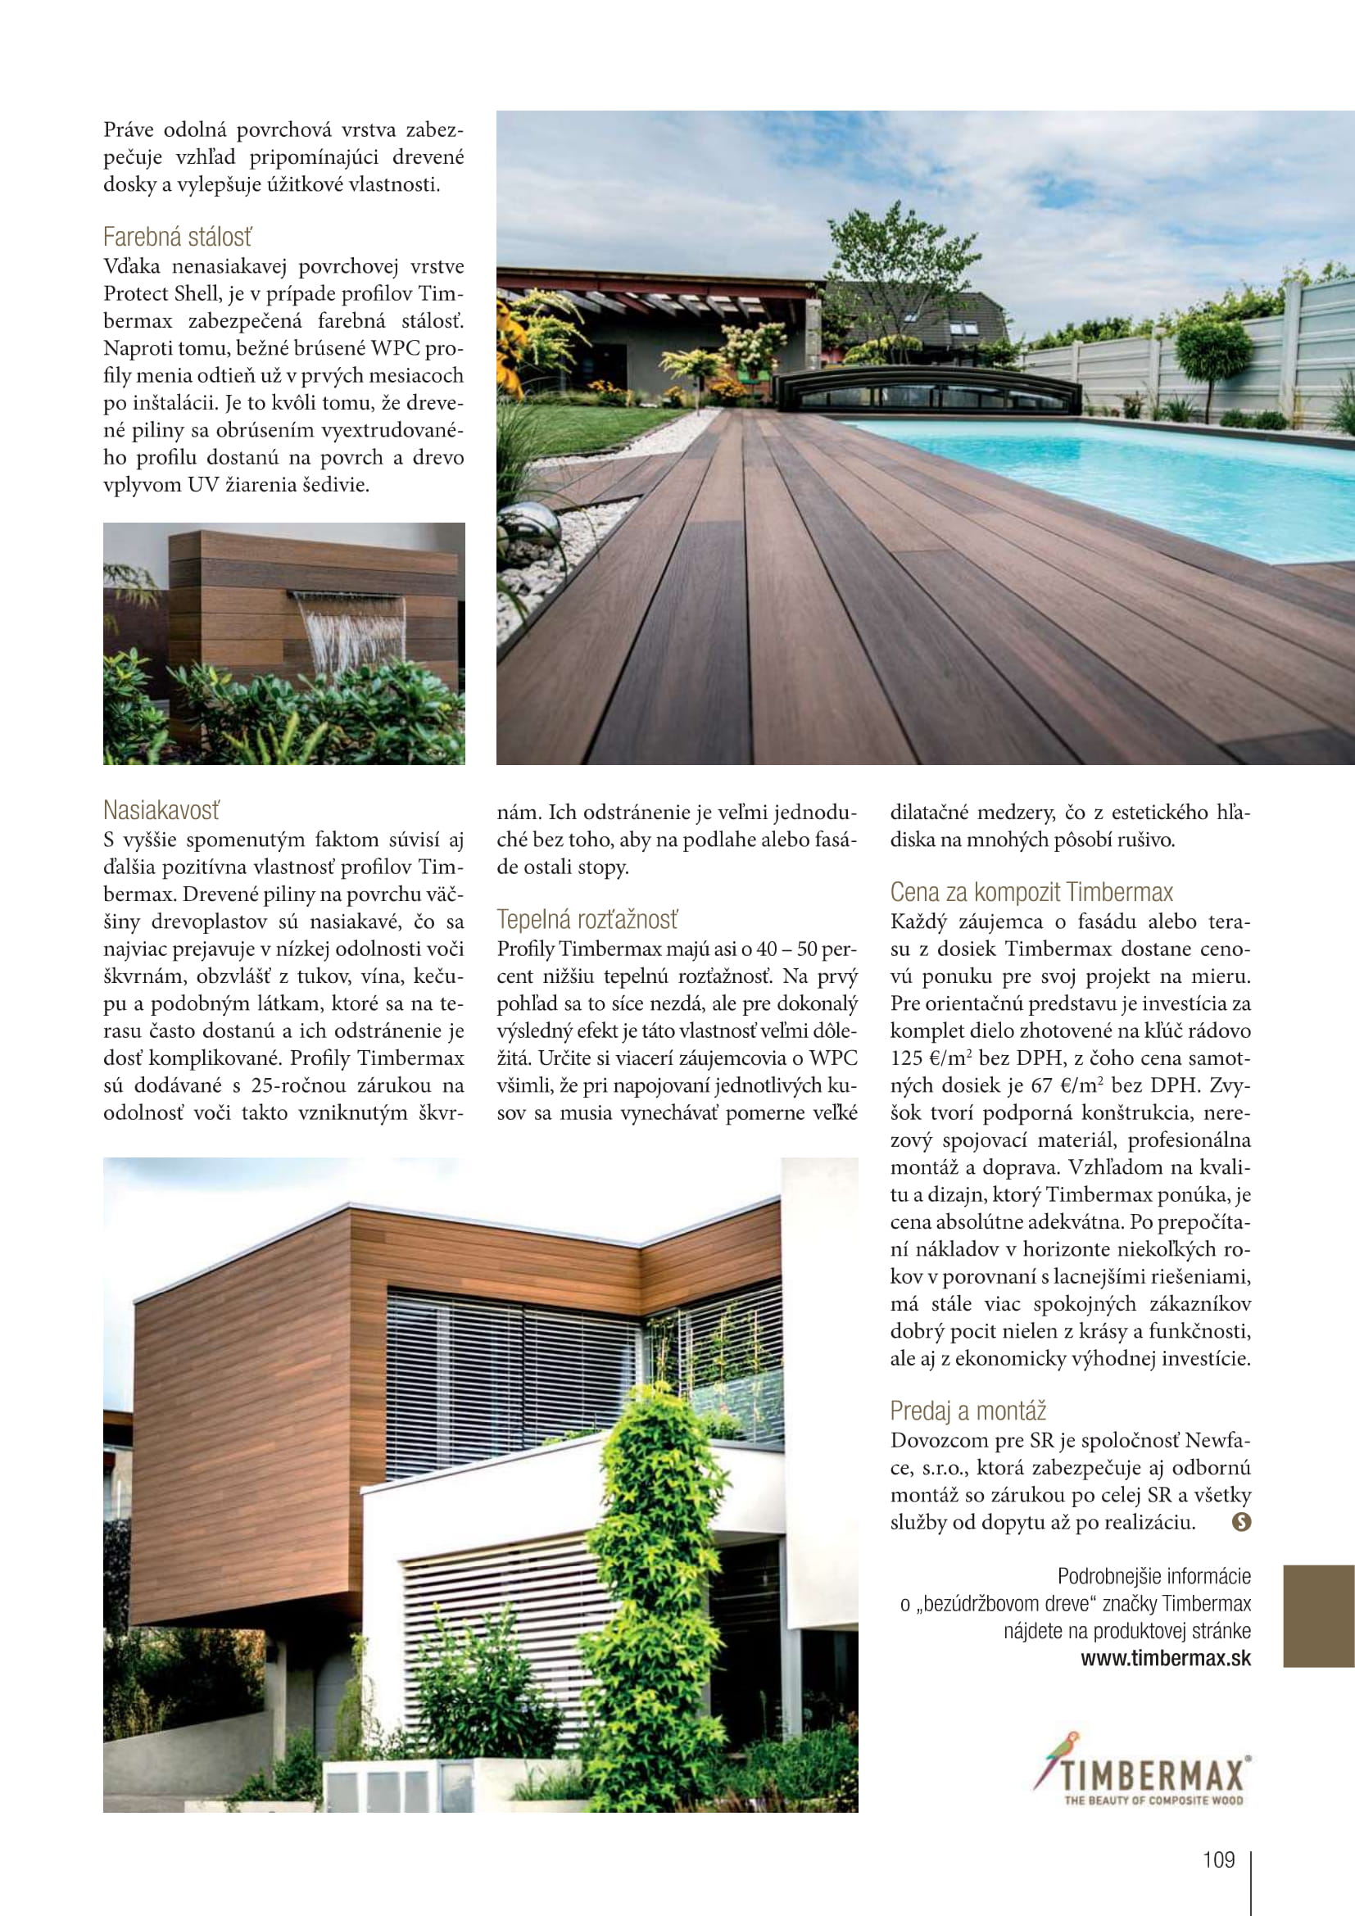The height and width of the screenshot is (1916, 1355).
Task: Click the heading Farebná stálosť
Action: coord(177,238)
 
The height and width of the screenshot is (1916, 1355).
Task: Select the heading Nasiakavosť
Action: coord(161,810)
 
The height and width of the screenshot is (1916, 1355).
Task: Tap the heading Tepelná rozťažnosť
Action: coord(587,920)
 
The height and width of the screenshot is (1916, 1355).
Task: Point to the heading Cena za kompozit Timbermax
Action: coord(1031,892)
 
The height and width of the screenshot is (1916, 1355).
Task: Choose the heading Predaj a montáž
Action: coord(968,1411)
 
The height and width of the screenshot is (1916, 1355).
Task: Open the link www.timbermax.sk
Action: coord(1166,1658)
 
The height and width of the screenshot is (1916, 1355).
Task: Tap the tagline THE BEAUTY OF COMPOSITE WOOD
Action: coord(1153,1800)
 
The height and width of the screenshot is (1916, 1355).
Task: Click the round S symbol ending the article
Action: coord(1241,1522)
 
